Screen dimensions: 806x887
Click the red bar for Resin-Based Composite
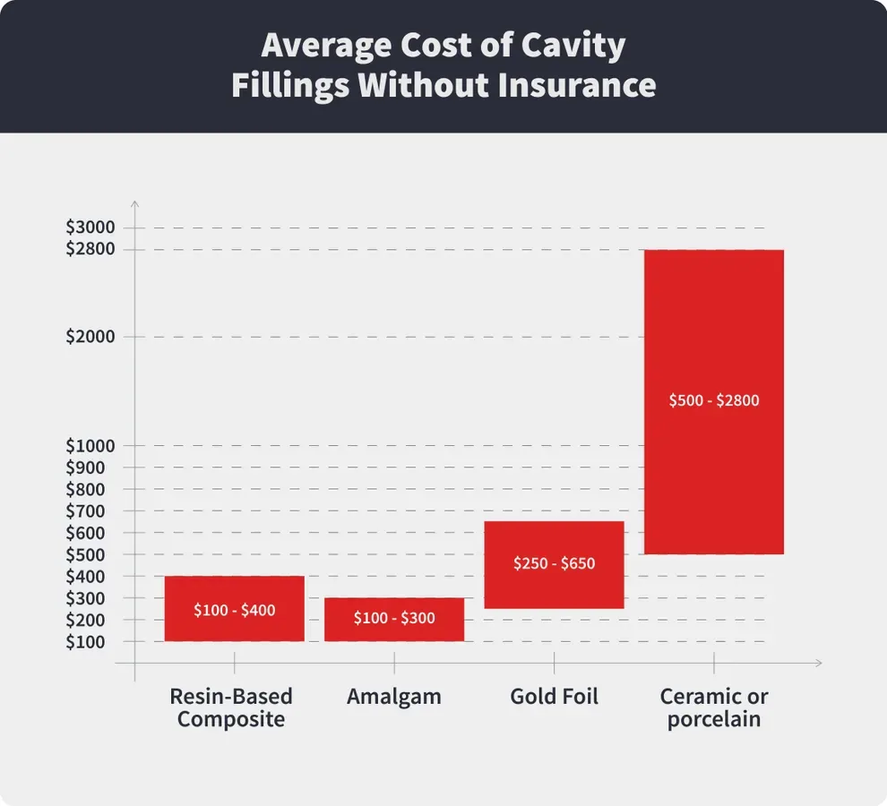coord(235,591)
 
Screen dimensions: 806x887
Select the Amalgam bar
coord(394,604)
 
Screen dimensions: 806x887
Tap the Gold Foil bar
coord(554,542)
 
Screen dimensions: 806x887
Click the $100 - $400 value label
coord(235,611)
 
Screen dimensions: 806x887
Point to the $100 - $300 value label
coord(394,619)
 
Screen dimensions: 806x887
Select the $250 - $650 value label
coord(554,564)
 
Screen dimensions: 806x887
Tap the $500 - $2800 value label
coord(714,401)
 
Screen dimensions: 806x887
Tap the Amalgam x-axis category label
coord(394,697)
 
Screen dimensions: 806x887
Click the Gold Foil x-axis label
coord(554,697)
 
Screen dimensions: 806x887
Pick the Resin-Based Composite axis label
coord(231,707)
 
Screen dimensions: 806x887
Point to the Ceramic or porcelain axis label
coord(714,707)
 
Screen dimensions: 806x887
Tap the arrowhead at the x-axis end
coord(816,664)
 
